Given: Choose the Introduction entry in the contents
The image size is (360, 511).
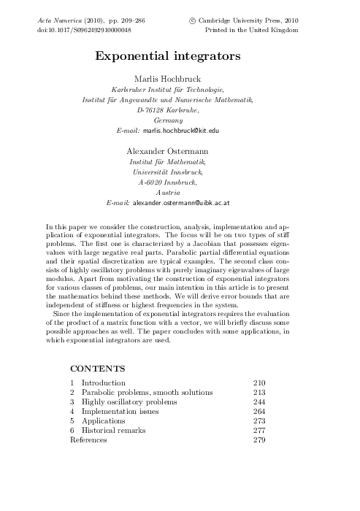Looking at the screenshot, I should coord(103,383).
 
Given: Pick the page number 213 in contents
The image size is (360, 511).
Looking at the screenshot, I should coord(258,392).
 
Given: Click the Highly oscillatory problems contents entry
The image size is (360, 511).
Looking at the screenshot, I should coord(129,401).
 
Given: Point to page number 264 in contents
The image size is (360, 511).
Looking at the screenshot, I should coord(258,412).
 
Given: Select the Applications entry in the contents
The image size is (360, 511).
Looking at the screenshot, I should coord(103,421).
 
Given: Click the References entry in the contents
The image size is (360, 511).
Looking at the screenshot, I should coord(88,440).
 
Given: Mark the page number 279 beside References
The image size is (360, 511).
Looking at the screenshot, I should coord(258,440).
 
